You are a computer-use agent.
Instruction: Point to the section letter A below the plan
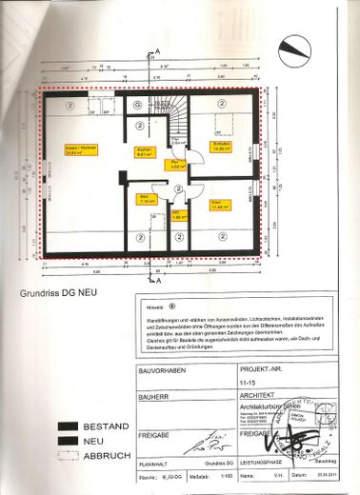160,280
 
